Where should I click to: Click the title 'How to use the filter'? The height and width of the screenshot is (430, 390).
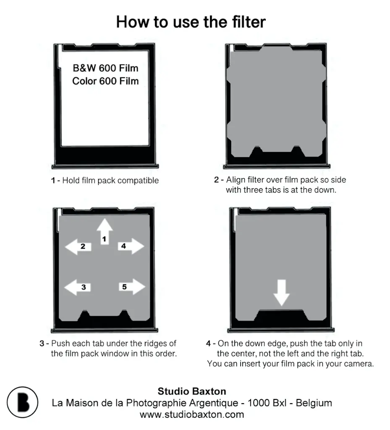(x=191, y=22)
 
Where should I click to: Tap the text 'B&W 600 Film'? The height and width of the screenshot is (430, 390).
(x=105, y=68)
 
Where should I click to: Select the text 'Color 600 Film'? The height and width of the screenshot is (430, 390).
(x=105, y=81)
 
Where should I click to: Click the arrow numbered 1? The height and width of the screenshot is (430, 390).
(x=105, y=231)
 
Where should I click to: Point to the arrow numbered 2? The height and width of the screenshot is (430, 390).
(x=78, y=246)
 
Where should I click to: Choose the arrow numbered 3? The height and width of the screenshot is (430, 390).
(x=77, y=287)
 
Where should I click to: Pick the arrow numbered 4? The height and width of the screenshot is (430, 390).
(x=131, y=246)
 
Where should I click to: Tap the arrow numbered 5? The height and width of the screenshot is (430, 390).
(x=132, y=287)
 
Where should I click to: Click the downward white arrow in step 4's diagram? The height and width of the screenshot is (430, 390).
(x=281, y=293)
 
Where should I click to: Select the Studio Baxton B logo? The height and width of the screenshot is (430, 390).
(x=23, y=402)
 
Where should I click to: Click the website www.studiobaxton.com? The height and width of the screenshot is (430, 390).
(x=192, y=414)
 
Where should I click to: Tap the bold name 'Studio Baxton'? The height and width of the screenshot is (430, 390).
(x=192, y=391)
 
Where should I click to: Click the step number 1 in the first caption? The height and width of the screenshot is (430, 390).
(x=53, y=181)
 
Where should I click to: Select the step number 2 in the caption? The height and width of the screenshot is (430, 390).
(x=217, y=180)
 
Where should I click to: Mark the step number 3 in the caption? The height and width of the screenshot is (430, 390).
(x=42, y=343)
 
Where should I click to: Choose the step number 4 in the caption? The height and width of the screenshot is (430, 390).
(x=209, y=343)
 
